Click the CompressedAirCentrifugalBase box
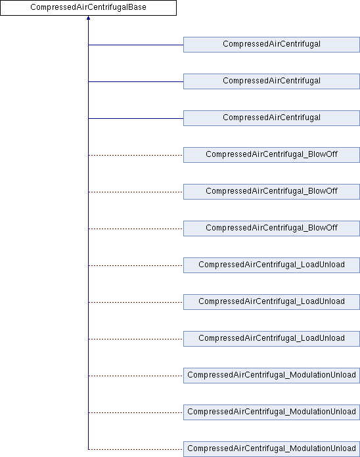(88, 8)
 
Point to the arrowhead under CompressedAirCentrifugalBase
(88, 18)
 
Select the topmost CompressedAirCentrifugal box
(271, 45)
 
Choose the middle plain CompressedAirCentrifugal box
(271, 81)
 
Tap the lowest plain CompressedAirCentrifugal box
(271, 118)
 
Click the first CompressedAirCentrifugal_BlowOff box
(271, 155)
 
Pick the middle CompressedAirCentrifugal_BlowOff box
(271, 192)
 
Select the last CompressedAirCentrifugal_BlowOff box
(271, 229)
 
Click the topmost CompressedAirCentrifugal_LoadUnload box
(271, 265)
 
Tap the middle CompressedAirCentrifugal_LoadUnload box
(271, 301)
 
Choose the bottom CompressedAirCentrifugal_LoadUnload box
(271, 338)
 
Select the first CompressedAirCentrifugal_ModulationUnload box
(271, 375)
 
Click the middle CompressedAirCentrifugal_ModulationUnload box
(271, 412)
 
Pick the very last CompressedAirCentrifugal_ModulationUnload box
(271, 449)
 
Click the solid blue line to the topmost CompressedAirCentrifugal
(136, 45)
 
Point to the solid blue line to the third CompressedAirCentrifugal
(136, 118)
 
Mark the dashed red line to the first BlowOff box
(136, 155)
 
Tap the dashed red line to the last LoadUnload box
(136, 339)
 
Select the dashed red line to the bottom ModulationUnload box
(136, 449)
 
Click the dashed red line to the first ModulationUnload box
(136, 376)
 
